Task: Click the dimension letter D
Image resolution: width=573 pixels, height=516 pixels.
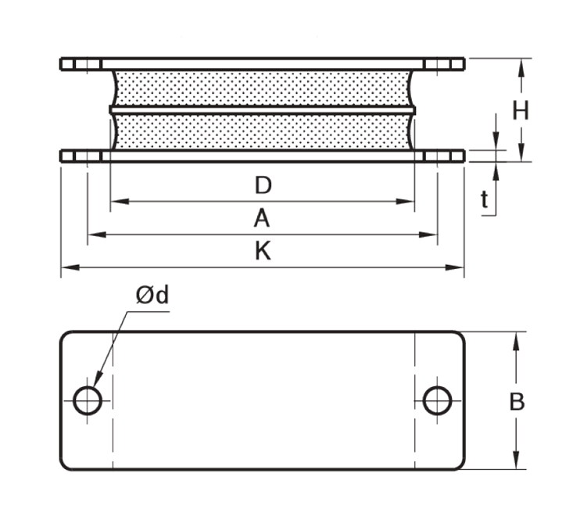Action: click(263, 185)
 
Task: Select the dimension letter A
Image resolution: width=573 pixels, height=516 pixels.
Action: click(261, 219)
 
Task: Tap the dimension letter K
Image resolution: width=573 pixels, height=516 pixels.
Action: click(263, 251)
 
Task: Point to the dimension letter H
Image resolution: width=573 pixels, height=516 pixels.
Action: click(521, 111)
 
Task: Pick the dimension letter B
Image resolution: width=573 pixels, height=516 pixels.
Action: click(517, 402)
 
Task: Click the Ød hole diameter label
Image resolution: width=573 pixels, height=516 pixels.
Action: click(152, 295)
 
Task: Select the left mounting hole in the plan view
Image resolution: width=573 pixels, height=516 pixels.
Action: click(88, 400)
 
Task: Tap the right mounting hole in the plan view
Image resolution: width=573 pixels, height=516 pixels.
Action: click(438, 400)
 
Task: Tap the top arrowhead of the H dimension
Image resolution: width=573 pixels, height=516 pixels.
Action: click(521, 65)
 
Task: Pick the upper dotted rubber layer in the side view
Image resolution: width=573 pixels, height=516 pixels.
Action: click(263, 88)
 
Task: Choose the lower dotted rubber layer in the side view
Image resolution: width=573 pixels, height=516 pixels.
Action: click(263, 132)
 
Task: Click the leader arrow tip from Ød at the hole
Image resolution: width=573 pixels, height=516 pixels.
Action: click(95, 384)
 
